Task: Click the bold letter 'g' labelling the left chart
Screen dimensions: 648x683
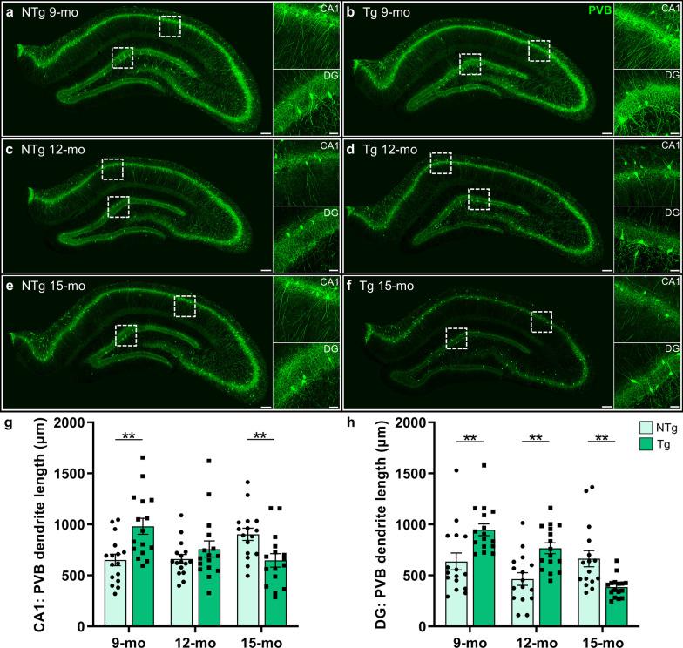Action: coord(8,422)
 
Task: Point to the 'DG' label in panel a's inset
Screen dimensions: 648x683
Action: coord(321,76)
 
